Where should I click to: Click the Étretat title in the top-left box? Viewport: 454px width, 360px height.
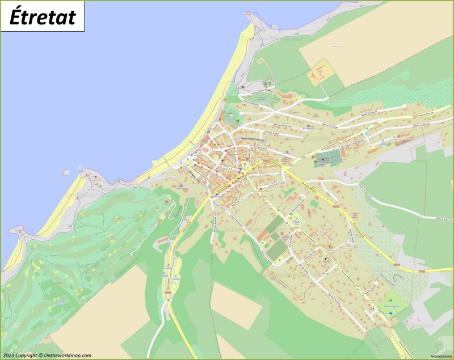pos(43,16)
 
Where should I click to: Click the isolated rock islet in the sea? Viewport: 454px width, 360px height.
pos(66,172)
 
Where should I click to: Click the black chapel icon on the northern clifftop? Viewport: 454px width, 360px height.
pos(243,87)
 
